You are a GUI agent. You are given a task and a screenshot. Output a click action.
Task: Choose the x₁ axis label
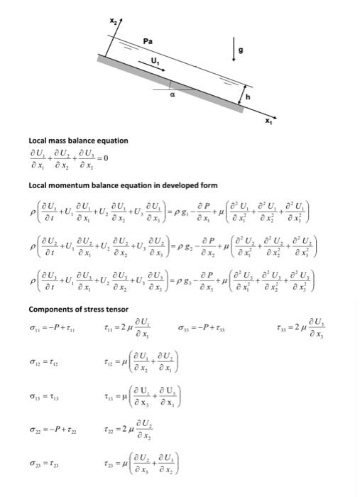point(267,123)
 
